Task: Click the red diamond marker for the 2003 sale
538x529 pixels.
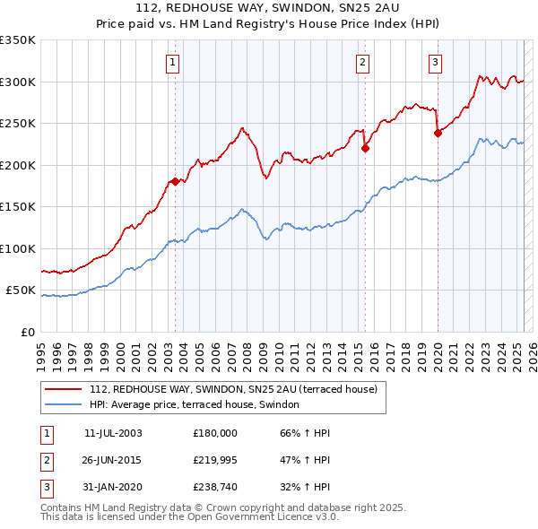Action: (x=175, y=182)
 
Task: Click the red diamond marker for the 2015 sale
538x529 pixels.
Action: (x=365, y=149)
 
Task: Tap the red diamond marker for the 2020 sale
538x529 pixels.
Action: (x=438, y=134)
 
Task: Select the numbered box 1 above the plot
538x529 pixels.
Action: (x=171, y=62)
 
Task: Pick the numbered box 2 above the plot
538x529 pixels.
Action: (x=362, y=62)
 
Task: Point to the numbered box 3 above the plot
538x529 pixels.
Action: (x=435, y=62)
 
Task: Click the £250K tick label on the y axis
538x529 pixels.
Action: (x=18, y=124)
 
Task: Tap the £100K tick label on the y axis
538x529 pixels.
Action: (x=18, y=248)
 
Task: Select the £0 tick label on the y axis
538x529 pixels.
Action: (x=28, y=332)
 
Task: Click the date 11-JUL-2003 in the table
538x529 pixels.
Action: (x=113, y=433)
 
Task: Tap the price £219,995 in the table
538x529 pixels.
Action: (x=215, y=460)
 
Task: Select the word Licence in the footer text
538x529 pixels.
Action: (x=291, y=516)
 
